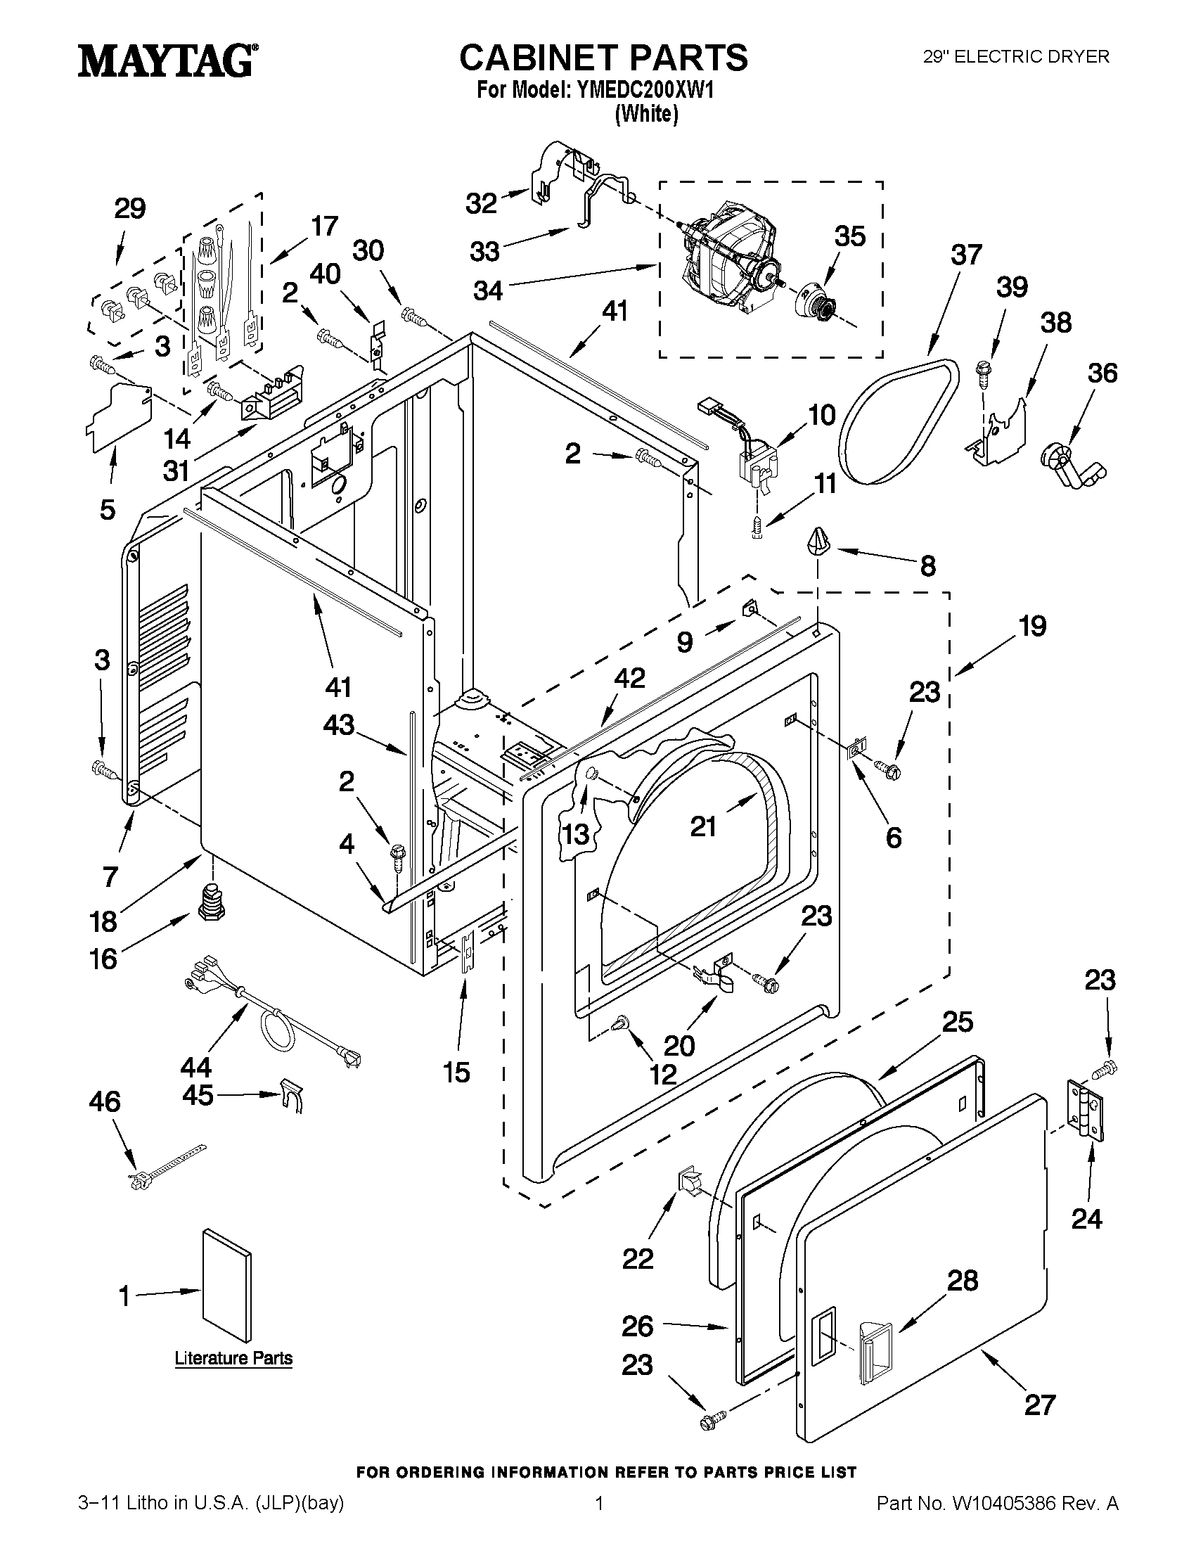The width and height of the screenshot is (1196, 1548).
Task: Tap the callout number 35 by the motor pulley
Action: (849, 236)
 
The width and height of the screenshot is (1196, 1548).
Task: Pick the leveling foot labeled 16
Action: (208, 902)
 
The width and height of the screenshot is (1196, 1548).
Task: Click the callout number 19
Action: (1032, 626)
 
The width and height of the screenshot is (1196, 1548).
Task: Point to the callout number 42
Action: (629, 677)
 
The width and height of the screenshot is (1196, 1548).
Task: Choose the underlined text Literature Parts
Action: (234, 1358)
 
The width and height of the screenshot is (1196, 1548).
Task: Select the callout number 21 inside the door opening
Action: (704, 826)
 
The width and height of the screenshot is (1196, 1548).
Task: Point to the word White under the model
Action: (646, 113)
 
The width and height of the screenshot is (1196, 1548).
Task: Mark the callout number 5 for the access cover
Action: (107, 509)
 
